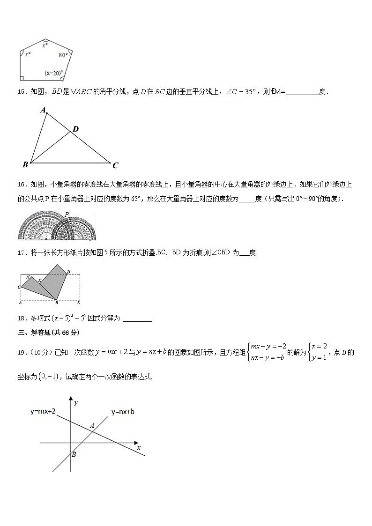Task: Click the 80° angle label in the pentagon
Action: tap(63, 55)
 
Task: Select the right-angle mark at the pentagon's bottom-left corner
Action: tap(22, 78)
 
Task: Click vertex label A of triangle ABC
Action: tap(43, 111)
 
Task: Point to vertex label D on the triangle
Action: tap(75, 129)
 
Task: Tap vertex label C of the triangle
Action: tap(115, 165)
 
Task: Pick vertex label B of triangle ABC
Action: tap(25, 164)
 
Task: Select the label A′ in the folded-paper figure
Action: tap(29, 277)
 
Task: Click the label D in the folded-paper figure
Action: tap(68, 272)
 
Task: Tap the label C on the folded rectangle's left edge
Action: tap(19, 287)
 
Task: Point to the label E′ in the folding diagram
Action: tap(41, 281)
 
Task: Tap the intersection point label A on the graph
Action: tap(92, 425)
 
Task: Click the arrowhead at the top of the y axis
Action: tap(71, 401)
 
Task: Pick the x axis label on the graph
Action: tap(139, 448)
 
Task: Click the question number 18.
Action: tap(21, 319)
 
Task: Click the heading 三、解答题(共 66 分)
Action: tap(49, 333)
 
